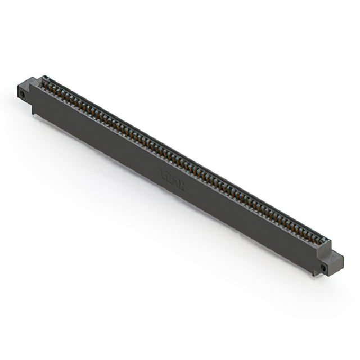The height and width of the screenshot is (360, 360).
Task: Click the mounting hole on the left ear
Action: click(x=22, y=91)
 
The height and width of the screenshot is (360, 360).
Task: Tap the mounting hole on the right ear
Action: click(x=325, y=267)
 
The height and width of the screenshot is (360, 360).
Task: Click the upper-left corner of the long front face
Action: click(x=31, y=85)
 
